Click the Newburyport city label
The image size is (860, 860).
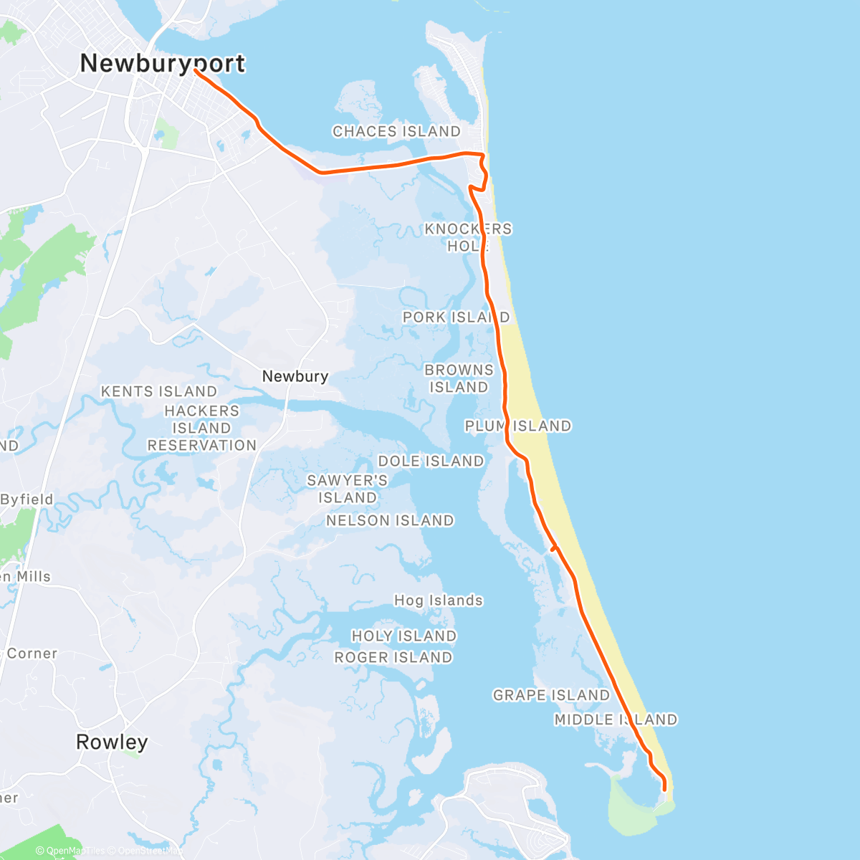pos(163,63)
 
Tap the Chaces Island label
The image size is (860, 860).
pos(396,131)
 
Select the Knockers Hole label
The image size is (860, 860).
pos(468,237)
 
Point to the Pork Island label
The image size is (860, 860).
pos(456,317)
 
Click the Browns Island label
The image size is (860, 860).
pos(459,378)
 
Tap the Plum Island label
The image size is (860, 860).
pos(518,426)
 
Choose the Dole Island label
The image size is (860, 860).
pos(431,461)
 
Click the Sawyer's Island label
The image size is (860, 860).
pos(348,489)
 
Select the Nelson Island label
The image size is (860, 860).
pos(390,520)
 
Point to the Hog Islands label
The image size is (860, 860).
pos(439,601)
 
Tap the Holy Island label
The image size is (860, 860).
pos(403,636)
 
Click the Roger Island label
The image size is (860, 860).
pos(393,657)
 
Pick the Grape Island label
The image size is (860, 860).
pos(551,695)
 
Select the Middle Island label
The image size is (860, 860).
pos(616,719)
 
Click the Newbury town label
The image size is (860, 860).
pos(295,376)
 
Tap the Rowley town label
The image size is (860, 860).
pos(112,742)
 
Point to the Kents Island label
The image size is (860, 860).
pos(158,391)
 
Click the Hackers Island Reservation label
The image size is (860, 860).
pos(201,428)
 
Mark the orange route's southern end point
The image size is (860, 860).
pos(665,790)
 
